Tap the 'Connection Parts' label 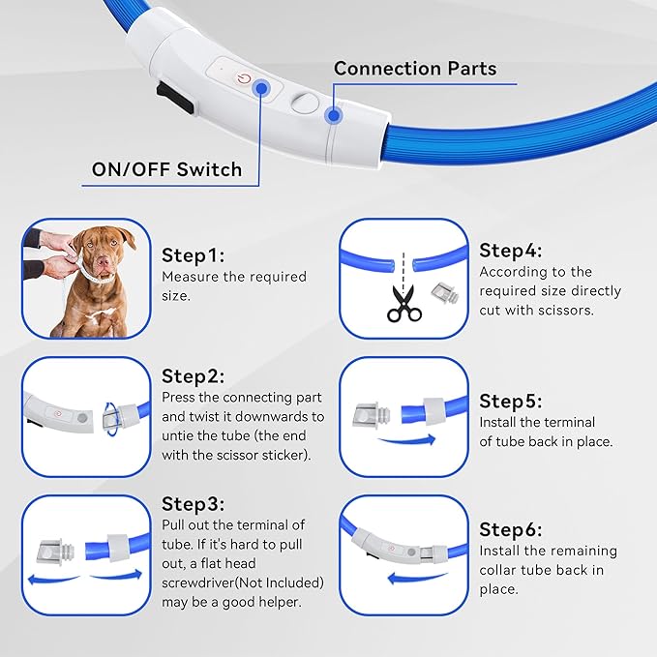[x=415, y=69]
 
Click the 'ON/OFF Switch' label [x=166, y=169]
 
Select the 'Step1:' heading [x=193, y=255]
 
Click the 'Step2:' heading [x=193, y=376]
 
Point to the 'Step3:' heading [x=193, y=504]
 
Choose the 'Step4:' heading [x=511, y=250]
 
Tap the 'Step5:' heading [x=511, y=401]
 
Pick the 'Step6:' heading [x=511, y=529]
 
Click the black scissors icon [x=404, y=303]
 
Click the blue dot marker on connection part [x=334, y=116]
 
